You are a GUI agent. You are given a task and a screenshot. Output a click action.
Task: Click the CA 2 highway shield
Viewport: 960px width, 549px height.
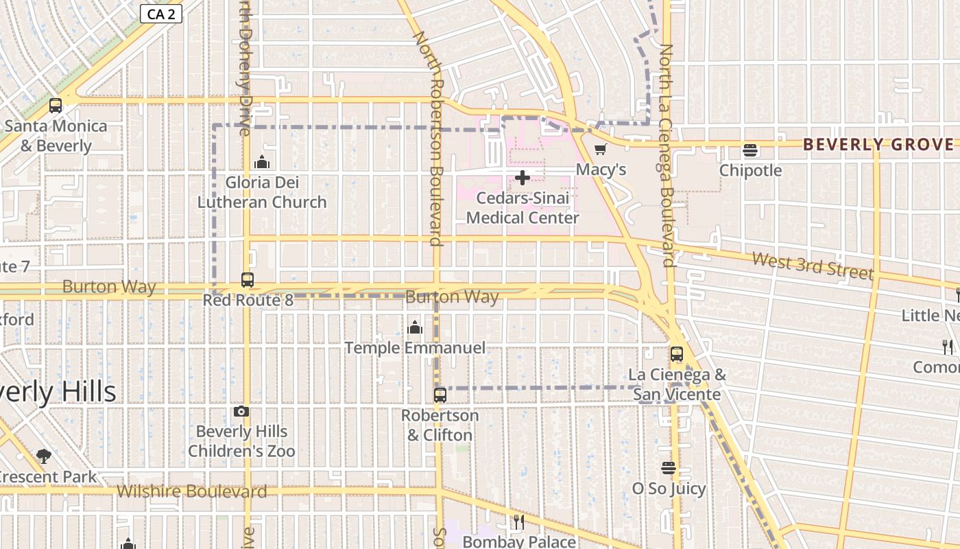[x=161, y=14]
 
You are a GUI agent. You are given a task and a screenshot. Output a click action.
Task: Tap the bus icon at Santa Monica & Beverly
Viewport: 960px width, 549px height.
[x=56, y=106]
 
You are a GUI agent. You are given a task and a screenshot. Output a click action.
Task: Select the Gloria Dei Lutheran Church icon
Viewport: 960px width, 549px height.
[x=262, y=162]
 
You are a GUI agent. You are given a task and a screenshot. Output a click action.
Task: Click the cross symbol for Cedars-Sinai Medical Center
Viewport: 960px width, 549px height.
[x=523, y=178]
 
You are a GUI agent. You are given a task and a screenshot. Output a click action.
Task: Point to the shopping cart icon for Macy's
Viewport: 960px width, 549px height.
[x=601, y=149]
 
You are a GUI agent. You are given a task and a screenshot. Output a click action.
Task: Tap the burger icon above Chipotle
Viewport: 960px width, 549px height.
[x=750, y=150]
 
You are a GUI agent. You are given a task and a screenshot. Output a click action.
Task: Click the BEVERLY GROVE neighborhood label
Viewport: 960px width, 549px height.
[x=878, y=144]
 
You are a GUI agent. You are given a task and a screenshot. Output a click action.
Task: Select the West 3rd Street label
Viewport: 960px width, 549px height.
[x=813, y=265]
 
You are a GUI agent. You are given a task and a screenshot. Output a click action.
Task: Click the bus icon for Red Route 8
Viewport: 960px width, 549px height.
[x=248, y=280]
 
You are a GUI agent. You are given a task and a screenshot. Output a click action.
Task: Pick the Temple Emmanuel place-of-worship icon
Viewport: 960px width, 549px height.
[x=415, y=327]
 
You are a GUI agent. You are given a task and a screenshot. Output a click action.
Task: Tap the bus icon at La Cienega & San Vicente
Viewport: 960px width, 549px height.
[x=677, y=354]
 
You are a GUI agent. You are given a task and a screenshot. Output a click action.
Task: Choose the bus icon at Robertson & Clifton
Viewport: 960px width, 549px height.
[x=440, y=395]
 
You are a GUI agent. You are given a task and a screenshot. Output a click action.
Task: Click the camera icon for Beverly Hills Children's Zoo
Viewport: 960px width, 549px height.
[x=241, y=411]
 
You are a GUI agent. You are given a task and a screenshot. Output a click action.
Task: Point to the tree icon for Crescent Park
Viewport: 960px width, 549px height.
[x=44, y=456]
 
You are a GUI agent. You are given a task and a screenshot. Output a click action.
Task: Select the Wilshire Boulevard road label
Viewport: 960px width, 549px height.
[x=191, y=491]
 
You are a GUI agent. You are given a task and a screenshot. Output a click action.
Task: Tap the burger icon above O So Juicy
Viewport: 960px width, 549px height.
[x=669, y=468]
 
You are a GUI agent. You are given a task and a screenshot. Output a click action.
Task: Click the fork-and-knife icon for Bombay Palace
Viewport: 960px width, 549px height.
[x=519, y=522]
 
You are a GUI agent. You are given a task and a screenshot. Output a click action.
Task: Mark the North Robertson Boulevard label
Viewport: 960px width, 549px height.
[x=427, y=137]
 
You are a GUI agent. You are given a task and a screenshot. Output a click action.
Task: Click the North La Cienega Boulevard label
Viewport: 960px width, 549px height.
[x=667, y=154]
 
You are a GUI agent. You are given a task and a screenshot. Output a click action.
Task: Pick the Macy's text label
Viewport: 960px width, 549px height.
[x=601, y=169]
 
